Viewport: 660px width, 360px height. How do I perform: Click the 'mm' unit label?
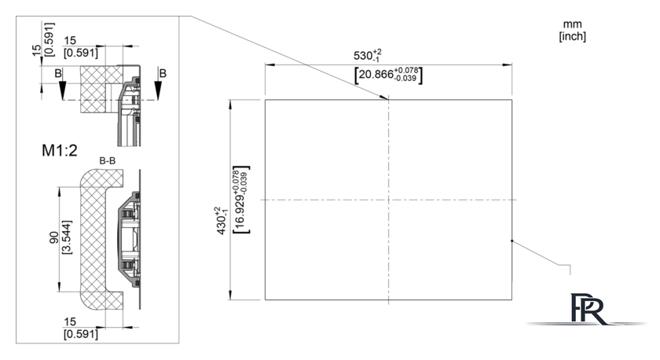click(572, 24)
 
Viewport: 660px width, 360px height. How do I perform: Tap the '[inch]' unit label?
click(572, 36)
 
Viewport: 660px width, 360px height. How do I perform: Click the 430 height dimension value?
click(221, 221)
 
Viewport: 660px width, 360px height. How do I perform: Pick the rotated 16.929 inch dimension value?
click(241, 200)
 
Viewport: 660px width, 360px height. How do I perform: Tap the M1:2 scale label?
click(60, 150)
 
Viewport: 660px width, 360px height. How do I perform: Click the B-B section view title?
click(108, 161)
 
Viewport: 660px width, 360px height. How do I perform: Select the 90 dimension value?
click(54, 237)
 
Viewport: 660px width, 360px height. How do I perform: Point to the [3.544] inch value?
click(67, 237)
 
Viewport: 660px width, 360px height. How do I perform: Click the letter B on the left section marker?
click(58, 73)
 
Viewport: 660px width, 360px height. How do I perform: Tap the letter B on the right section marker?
click(163, 73)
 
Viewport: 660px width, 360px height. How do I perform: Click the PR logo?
click(587, 309)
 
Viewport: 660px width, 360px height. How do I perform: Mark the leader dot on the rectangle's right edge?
click(511, 241)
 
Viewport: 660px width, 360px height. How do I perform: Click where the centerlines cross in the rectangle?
click(388, 200)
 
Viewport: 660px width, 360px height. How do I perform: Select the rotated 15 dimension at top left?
click(37, 50)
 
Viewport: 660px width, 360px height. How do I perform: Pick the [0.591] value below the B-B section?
click(80, 334)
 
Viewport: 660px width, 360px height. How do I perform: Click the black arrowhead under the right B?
click(158, 90)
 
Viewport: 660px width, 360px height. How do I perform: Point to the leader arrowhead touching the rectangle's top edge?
click(384, 97)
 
